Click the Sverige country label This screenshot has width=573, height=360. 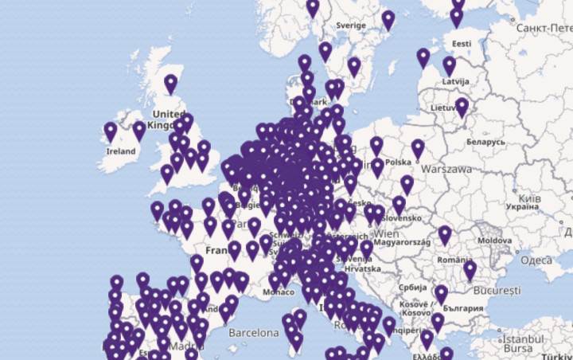point(350,25)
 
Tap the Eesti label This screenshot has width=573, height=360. point(462,43)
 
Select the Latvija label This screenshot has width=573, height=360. point(455,81)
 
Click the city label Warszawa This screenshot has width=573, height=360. point(446,169)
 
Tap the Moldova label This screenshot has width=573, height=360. point(495,240)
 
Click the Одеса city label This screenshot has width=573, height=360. point(536,260)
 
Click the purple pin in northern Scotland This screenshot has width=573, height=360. point(170,83)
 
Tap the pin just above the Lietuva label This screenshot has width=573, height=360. point(462,107)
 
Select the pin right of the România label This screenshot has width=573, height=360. point(470,271)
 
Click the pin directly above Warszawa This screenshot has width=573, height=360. point(418,148)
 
